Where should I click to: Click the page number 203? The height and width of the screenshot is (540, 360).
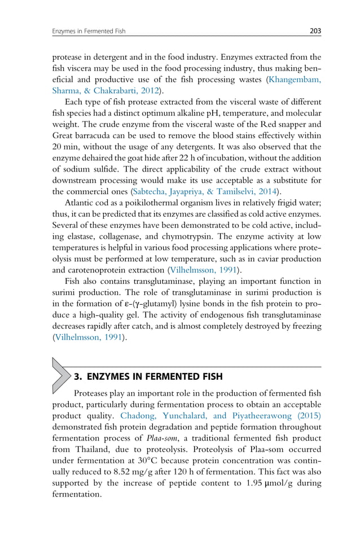(315, 31)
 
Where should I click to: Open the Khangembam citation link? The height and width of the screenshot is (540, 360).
(289, 80)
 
